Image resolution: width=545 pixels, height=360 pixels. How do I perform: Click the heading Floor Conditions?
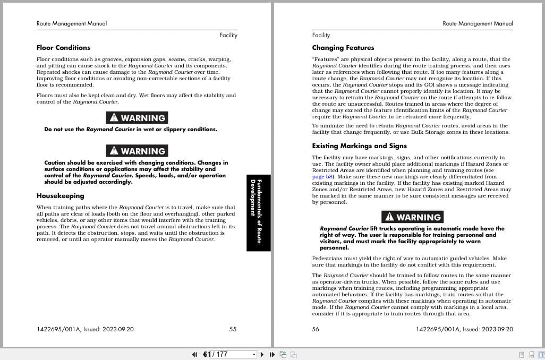(x=63, y=48)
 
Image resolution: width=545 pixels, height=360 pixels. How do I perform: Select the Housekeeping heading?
(x=60, y=196)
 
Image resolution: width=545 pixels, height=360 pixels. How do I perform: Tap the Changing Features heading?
(x=343, y=48)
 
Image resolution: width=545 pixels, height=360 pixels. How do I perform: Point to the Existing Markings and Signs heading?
(x=359, y=146)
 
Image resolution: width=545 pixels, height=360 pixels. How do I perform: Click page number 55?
(x=233, y=329)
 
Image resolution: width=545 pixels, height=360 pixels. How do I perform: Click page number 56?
(x=316, y=329)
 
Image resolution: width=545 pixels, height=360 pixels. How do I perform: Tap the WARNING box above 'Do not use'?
(x=137, y=118)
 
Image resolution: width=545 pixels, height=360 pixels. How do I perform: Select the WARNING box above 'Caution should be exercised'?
(x=137, y=151)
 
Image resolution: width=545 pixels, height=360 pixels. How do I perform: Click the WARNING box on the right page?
(x=412, y=217)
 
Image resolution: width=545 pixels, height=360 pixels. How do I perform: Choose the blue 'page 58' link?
(x=322, y=177)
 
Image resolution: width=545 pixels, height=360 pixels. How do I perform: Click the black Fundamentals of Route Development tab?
(x=259, y=212)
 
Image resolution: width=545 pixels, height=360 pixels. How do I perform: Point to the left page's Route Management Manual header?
(x=72, y=23)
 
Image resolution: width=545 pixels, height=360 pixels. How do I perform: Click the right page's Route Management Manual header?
(x=478, y=23)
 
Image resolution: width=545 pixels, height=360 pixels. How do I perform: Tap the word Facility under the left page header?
(x=228, y=35)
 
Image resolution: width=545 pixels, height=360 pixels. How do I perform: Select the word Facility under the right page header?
(x=321, y=35)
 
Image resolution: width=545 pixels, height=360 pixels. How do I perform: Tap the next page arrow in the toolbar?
(x=262, y=354)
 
